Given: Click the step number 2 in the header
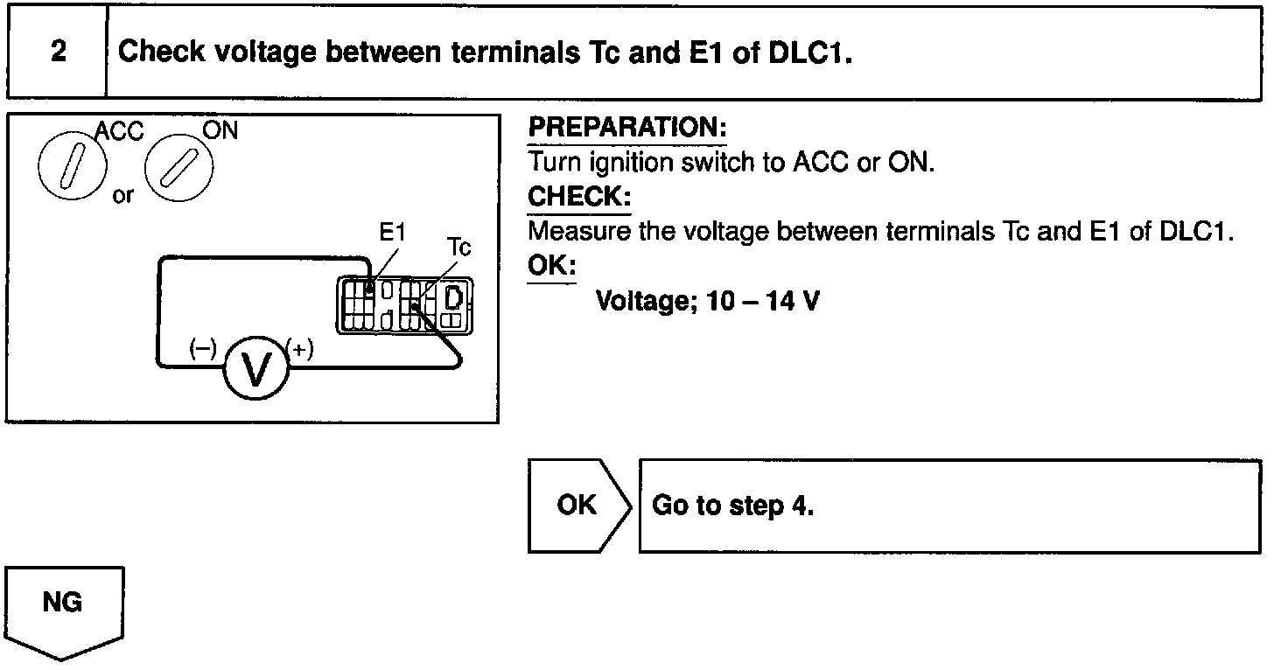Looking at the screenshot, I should [58, 52].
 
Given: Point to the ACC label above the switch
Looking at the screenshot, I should [119, 130].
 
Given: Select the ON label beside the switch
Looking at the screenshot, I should [220, 129].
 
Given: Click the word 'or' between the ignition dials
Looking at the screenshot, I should [123, 195].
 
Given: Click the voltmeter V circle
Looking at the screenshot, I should [256, 368].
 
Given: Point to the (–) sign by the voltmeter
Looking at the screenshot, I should [202, 348].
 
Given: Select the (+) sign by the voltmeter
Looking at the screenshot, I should [300, 349].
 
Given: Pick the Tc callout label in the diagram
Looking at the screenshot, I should [458, 247].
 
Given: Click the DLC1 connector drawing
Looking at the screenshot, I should [404, 305].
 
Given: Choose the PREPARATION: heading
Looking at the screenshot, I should [626, 129].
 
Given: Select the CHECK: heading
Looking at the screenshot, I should [578, 197].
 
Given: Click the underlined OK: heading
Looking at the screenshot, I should [551, 265].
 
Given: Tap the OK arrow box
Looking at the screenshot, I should [577, 506].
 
